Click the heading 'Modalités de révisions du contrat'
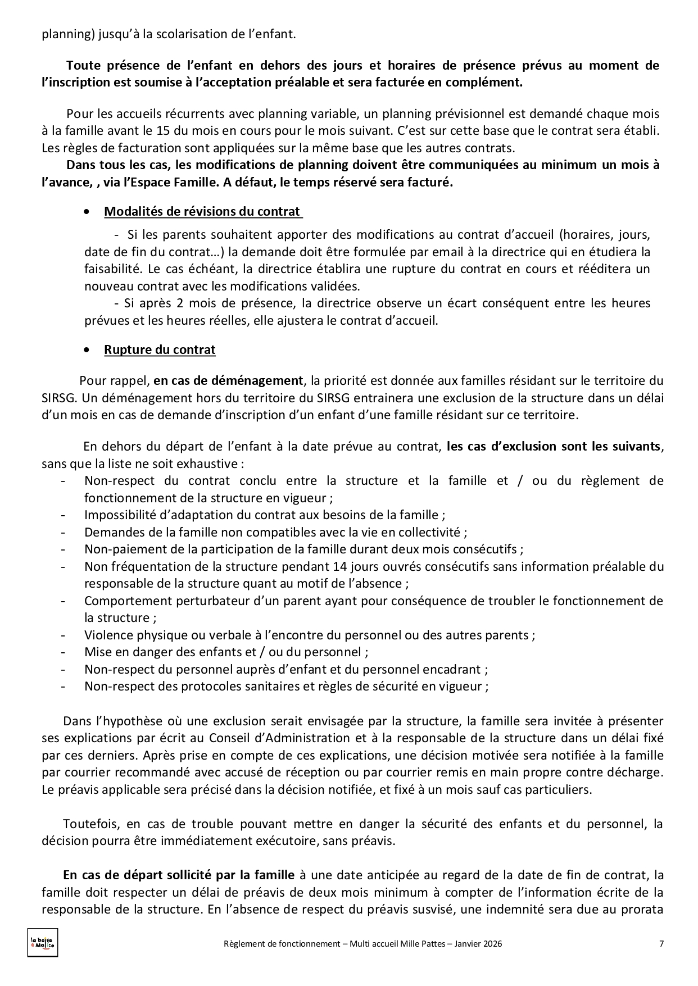[202, 212]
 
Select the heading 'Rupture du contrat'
[160, 350]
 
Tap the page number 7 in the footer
[661, 944]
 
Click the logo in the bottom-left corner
[43, 943]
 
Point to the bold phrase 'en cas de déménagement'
[228, 381]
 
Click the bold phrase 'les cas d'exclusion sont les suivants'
[554, 447]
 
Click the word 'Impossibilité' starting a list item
[120, 515]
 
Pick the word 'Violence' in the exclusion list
[107, 635]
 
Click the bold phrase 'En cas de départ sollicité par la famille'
[179, 875]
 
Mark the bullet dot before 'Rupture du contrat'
[85, 350]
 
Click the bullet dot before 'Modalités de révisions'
[85, 212]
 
